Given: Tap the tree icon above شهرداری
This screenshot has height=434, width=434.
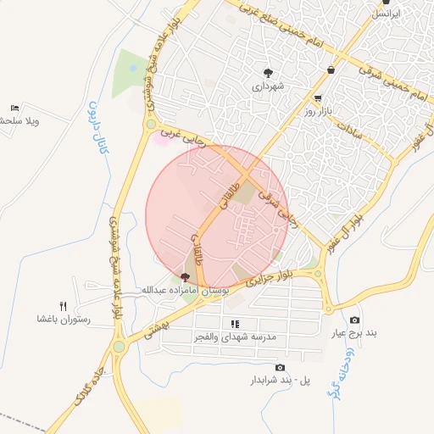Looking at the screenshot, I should click(x=269, y=73).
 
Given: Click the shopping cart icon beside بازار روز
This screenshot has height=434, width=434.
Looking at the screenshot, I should click(x=317, y=98).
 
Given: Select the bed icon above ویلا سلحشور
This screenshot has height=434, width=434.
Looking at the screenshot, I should click(x=14, y=108).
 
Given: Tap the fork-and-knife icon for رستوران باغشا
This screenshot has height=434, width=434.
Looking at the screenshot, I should click(x=63, y=305).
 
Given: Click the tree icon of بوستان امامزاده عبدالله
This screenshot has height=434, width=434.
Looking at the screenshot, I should click(x=186, y=277).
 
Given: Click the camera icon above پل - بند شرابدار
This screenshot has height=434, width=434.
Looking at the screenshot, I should click(x=280, y=367).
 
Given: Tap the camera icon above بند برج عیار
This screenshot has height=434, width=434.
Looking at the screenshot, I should click(x=353, y=320).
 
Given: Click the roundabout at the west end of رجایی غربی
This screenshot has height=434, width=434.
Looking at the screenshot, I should click(x=151, y=125).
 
